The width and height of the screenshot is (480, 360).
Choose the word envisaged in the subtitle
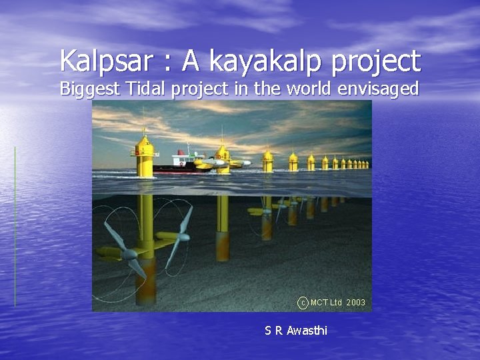pyautogui.click(x=379, y=89)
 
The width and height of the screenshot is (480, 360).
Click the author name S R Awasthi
pyautogui.click(x=296, y=330)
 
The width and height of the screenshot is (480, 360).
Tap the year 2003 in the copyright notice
pyautogui.click(x=356, y=303)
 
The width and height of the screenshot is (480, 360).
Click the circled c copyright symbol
pyautogui.click(x=303, y=303)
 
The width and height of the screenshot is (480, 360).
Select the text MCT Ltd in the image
pyautogui.click(x=326, y=303)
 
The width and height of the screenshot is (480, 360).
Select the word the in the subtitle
pyautogui.click(x=273, y=88)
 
